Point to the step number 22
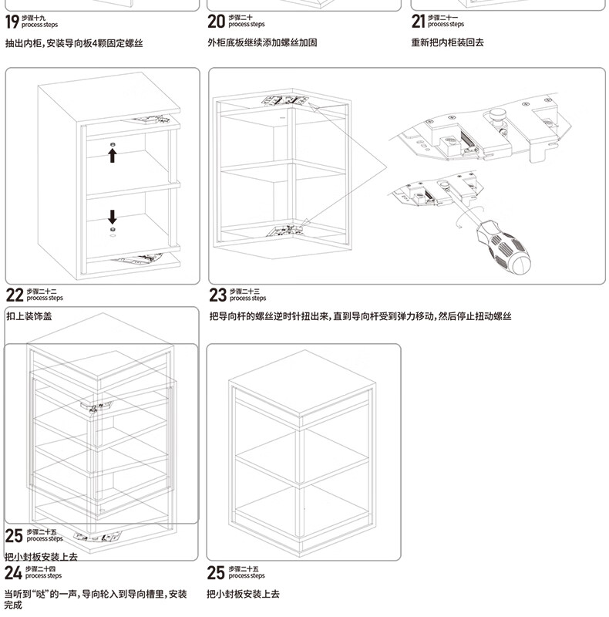point(15,295)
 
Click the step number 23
point(217,295)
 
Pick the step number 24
point(13,572)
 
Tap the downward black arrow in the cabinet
point(113,215)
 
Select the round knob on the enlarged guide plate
point(495,115)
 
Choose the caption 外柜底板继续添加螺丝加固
point(262,43)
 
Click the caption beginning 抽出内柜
point(74,43)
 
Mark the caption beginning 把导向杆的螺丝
point(360,316)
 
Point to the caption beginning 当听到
point(96,594)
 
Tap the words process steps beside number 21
point(446,25)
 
